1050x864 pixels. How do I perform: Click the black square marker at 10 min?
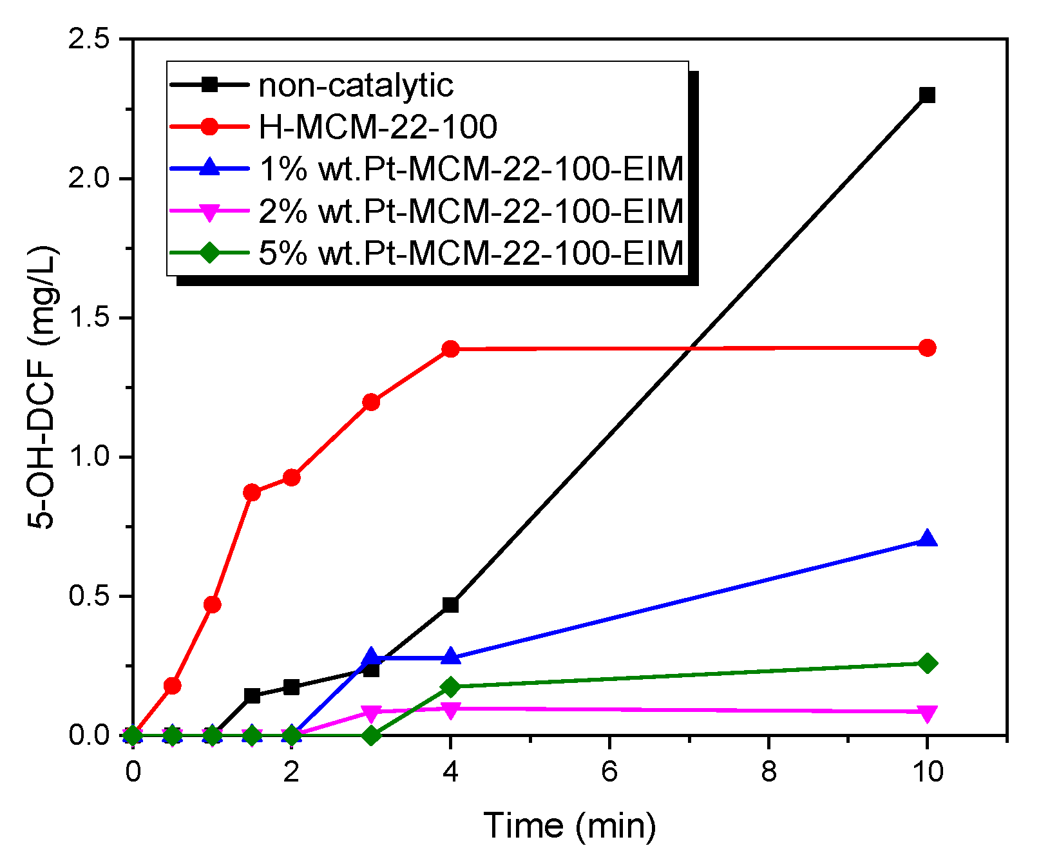click(927, 95)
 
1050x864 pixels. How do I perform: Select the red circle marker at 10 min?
click(927, 348)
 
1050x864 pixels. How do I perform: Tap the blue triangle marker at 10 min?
click(927, 539)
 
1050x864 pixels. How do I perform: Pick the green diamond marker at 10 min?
click(927, 663)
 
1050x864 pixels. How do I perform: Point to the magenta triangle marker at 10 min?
click(927, 713)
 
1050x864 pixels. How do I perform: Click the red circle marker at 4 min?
click(450, 349)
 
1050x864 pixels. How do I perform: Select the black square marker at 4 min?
click(450, 605)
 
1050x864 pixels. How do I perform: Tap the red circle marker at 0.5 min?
click(172, 686)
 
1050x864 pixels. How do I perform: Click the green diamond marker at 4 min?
click(450, 687)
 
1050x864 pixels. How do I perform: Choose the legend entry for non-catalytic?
click(356, 85)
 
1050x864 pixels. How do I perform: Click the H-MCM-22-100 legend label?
click(377, 127)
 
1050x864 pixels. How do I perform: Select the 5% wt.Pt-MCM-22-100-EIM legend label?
click(470, 253)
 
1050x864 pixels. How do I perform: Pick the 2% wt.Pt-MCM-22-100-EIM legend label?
click(470, 211)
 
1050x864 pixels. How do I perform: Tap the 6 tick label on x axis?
click(609, 771)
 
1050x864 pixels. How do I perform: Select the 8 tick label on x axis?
click(768, 771)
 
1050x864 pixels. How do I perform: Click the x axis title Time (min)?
click(569, 825)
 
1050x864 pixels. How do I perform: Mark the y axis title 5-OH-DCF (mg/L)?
click(43, 387)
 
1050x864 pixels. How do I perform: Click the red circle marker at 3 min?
click(371, 403)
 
